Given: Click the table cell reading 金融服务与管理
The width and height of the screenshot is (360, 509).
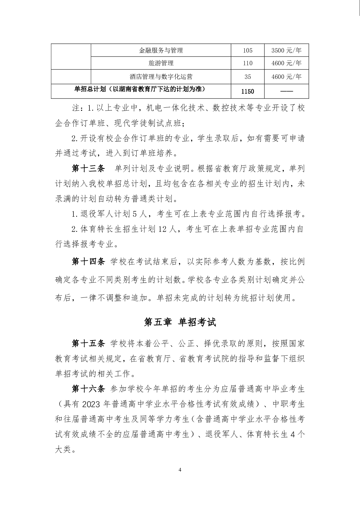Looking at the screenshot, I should pos(161,50).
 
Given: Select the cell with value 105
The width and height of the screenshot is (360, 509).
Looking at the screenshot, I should pos(248,50).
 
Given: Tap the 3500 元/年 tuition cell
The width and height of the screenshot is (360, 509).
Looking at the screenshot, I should pos(286,50).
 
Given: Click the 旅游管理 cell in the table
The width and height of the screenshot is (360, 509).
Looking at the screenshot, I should pos(161,63).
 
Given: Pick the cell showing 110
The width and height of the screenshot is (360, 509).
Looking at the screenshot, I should pos(248,63).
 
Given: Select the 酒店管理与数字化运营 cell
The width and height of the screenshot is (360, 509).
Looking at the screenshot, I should pos(161,77).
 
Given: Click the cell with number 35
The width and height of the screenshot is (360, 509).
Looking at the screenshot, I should pos(248,77).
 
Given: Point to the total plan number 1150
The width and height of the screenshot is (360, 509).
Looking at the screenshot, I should pos(248,91).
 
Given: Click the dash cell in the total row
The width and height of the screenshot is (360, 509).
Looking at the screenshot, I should pos(286,91).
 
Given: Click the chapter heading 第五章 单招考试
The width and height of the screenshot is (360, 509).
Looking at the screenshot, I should pos(180,322).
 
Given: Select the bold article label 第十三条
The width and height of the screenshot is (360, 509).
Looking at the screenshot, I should pos(88,169).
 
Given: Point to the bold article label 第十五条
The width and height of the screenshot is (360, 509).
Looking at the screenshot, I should pos(88,343).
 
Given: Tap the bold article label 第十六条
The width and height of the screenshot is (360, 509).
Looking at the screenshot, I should pos(88,389).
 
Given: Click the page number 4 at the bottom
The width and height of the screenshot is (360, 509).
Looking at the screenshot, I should pos(180,478).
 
